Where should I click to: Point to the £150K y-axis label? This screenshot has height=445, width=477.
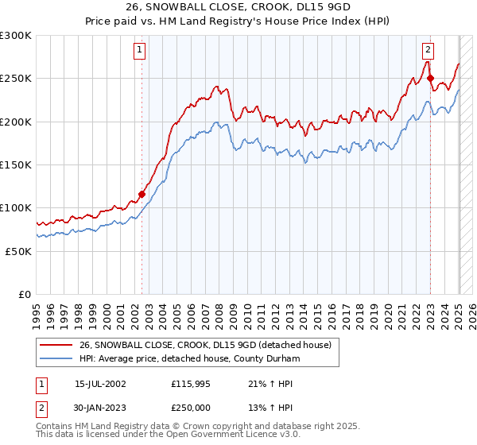click(16, 164)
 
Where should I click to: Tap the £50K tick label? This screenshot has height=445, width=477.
click(18, 251)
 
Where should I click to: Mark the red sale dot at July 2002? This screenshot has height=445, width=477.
click(142, 194)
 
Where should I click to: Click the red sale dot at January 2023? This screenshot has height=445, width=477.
click(430, 78)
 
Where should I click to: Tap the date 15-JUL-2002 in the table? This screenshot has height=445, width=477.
click(100, 383)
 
